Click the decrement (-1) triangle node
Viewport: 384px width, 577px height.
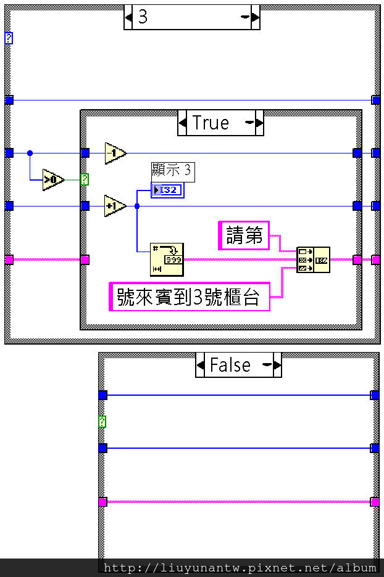click(x=115, y=153)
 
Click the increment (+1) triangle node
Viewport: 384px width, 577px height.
click(x=115, y=206)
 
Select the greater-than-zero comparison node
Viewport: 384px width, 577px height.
click(x=53, y=179)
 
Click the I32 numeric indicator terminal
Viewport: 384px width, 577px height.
click(x=167, y=190)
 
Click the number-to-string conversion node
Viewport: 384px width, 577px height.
click(x=167, y=259)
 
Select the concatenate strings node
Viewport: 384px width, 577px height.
click(x=313, y=260)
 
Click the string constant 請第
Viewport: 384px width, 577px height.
click(x=244, y=235)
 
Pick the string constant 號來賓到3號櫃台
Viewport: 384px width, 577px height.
click(x=189, y=297)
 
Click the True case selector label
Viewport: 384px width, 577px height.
click(x=211, y=123)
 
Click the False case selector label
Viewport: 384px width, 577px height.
click(x=230, y=365)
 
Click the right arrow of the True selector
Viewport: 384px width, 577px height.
click(x=260, y=123)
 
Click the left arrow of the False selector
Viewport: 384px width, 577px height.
click(x=200, y=365)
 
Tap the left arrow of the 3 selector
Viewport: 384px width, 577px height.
click(x=128, y=17)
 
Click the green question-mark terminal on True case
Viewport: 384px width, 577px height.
click(x=85, y=179)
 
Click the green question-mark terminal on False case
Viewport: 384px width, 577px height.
click(x=102, y=422)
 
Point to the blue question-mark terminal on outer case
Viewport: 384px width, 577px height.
click(x=9, y=38)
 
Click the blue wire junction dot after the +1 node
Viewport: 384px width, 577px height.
click(x=137, y=206)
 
